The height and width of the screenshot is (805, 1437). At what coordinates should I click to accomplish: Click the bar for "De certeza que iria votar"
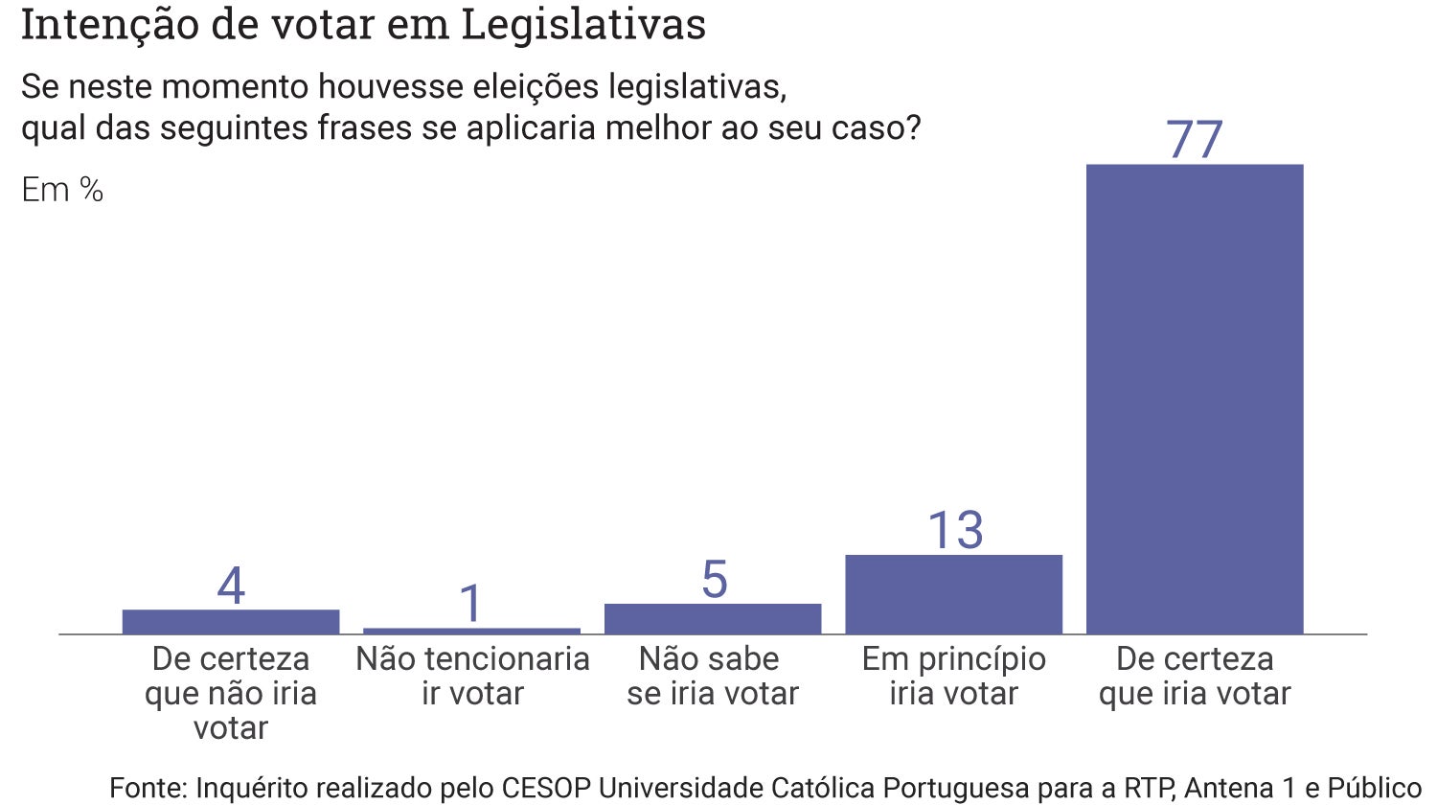pyautogui.click(x=1195, y=399)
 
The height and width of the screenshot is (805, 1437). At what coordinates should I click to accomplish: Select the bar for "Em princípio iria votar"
pyautogui.click(x=953, y=594)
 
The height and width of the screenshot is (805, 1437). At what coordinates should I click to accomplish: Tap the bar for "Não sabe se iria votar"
pyautogui.click(x=713, y=619)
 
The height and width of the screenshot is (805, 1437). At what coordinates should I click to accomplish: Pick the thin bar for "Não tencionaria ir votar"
pyautogui.click(x=472, y=631)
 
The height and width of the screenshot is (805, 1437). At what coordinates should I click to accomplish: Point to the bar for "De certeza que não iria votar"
pyautogui.click(x=231, y=622)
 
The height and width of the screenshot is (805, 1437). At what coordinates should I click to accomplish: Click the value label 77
pyautogui.click(x=1195, y=140)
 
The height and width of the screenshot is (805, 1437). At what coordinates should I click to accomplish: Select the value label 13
pyautogui.click(x=955, y=530)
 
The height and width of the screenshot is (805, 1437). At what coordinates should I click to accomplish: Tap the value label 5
pyautogui.click(x=714, y=580)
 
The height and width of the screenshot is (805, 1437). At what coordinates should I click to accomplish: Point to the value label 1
pyautogui.click(x=470, y=604)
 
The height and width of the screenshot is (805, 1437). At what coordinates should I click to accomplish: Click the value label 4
pyautogui.click(x=231, y=586)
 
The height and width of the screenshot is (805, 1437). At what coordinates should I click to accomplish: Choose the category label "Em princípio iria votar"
pyautogui.click(x=953, y=676)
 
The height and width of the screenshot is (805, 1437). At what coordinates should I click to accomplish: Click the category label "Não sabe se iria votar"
pyautogui.click(x=713, y=676)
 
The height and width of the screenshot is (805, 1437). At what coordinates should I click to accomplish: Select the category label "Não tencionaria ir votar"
pyautogui.click(x=472, y=676)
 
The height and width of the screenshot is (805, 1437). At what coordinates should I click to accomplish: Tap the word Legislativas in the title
pyautogui.click(x=583, y=26)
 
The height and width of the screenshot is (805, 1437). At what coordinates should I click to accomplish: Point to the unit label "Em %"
pyautogui.click(x=62, y=190)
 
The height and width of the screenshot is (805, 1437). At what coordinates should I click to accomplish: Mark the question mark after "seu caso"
pyautogui.click(x=911, y=128)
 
